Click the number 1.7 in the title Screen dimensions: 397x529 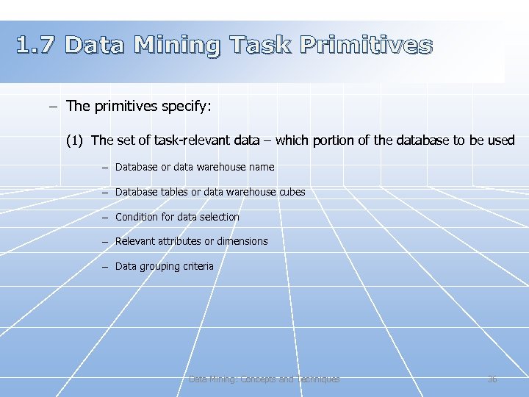point(36,46)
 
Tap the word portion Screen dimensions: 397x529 point(333,140)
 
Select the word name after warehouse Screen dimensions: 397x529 point(262,167)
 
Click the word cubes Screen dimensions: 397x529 point(292,192)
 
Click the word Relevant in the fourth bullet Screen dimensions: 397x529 point(135,241)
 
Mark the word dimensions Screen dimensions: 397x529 point(242,241)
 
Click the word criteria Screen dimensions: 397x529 point(198,266)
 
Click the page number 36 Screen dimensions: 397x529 point(492,379)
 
